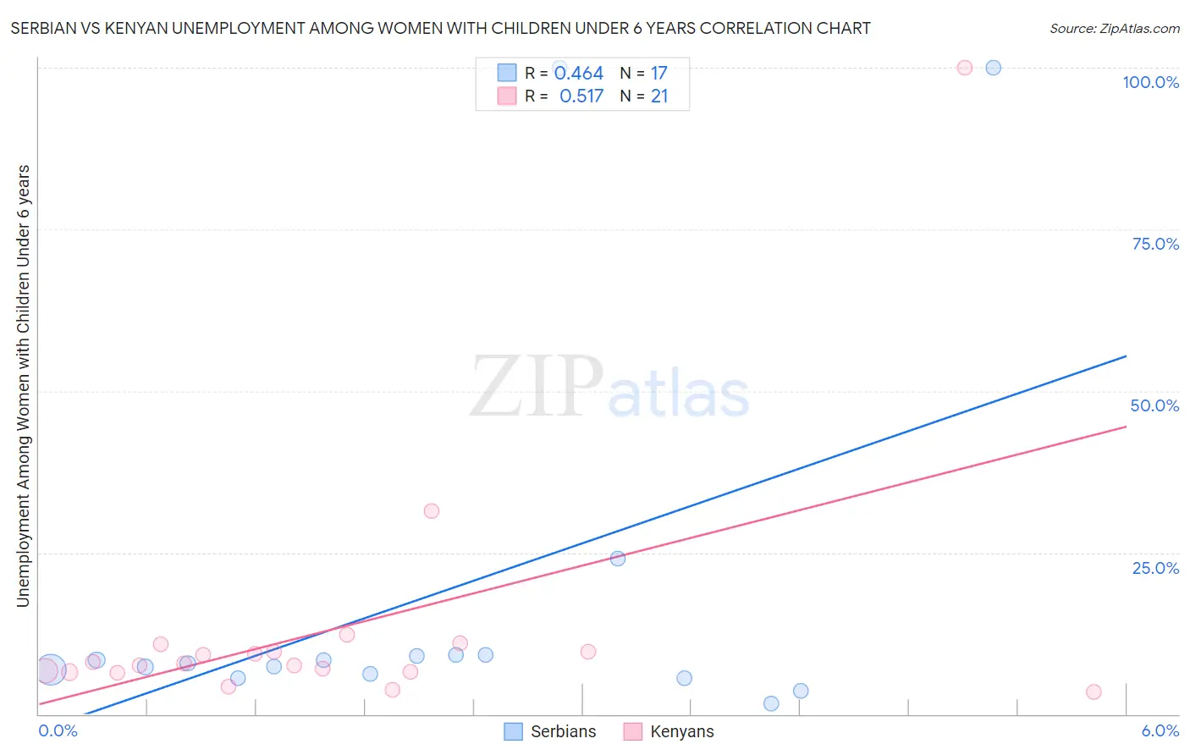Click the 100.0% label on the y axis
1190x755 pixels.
coord(1150,82)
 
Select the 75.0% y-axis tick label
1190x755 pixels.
coord(1155,244)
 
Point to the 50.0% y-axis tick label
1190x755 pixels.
coord(1154,405)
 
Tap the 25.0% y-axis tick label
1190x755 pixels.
coord(1155,568)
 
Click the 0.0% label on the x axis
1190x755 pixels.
coord(58,730)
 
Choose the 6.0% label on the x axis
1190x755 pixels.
coord(1160,730)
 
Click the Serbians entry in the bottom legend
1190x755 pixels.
coord(563,731)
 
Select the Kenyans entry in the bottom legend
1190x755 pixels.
coord(681,731)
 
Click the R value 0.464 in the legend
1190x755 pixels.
coord(579,74)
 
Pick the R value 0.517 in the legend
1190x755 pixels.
coord(581,96)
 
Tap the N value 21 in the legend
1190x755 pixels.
coord(659,96)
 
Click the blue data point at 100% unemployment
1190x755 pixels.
coord(994,68)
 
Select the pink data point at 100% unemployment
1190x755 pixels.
coord(965,68)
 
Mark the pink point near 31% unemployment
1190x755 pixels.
coord(432,511)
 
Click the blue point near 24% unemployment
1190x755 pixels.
coord(618,559)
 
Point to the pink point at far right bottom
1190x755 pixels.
coord(1094,692)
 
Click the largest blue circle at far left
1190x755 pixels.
coord(51,670)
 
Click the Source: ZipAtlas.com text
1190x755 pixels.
coord(1114,29)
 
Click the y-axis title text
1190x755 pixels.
coord(24,385)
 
